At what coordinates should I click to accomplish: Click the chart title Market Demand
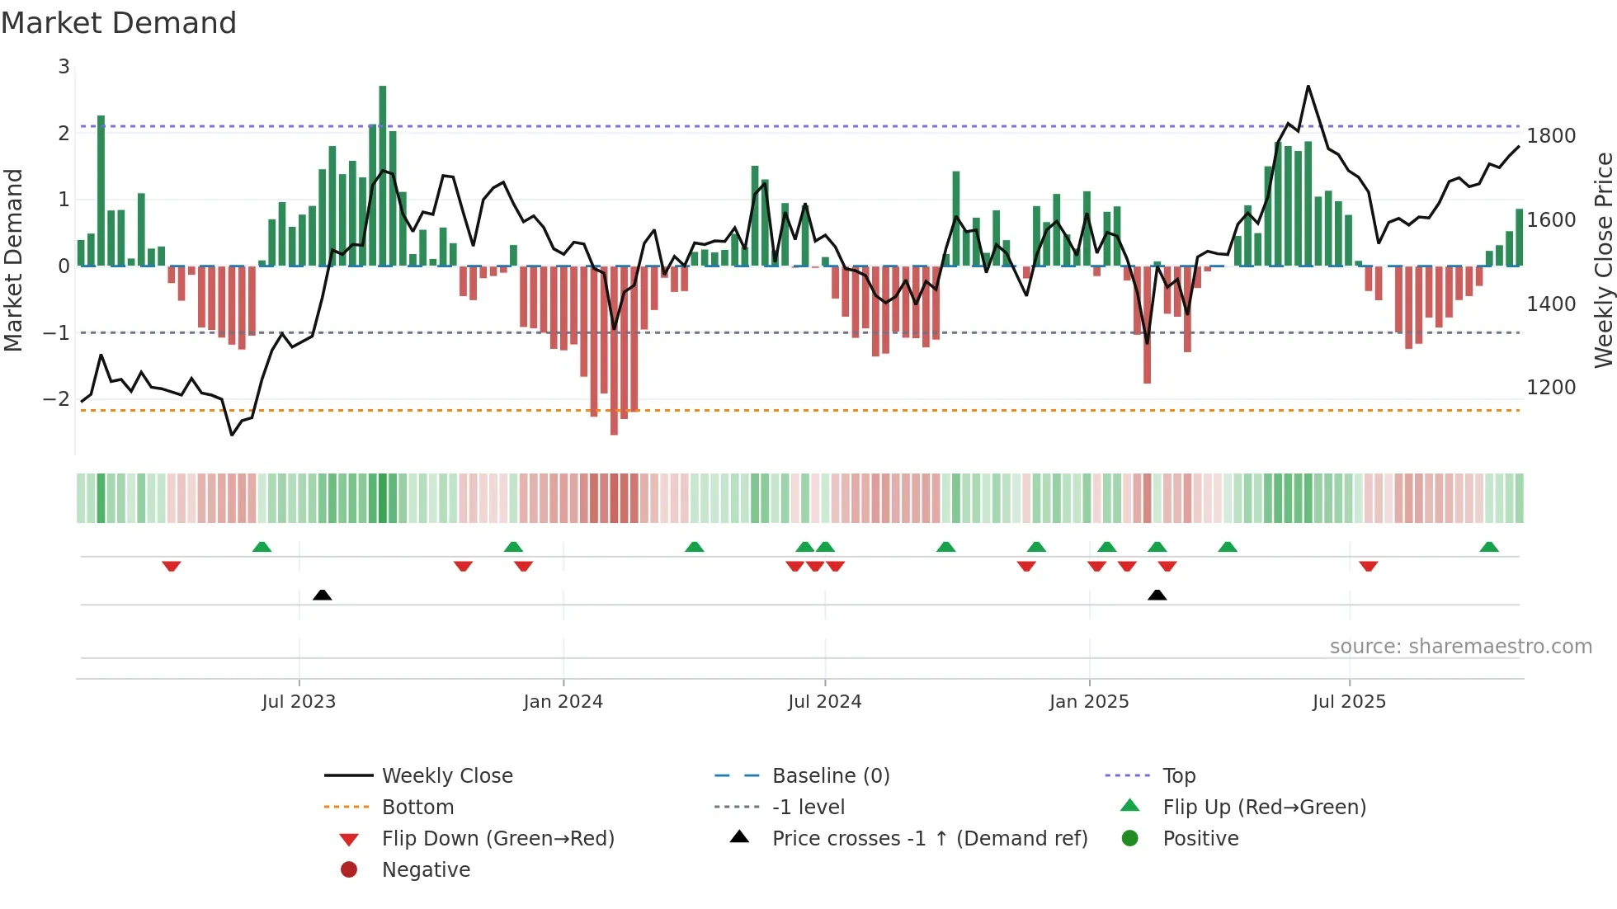tap(119, 23)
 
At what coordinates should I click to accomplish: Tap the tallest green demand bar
tap(383, 175)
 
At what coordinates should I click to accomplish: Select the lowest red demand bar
tap(614, 350)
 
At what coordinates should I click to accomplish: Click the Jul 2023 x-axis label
tap(299, 702)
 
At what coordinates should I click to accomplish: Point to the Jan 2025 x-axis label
tap(1089, 702)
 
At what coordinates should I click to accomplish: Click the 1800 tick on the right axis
tap(1551, 136)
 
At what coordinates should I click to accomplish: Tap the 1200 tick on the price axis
tap(1551, 388)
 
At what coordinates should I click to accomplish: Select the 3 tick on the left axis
tap(64, 67)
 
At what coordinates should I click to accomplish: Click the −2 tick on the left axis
tap(57, 399)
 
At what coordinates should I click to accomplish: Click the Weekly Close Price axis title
tap(1603, 260)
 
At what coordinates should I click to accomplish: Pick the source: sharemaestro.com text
tap(1460, 647)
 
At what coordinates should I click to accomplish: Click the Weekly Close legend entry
tap(446, 776)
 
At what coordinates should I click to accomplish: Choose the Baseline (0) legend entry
tap(830, 776)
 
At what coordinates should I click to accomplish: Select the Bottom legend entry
tap(417, 808)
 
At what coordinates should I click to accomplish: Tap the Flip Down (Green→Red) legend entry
tap(497, 839)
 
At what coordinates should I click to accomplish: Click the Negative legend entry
tap(426, 870)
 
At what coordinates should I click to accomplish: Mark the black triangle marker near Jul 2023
tap(323, 596)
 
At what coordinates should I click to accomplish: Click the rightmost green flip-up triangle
tap(1489, 547)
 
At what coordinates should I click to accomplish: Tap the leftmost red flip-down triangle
tap(172, 566)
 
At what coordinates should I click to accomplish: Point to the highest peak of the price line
tap(1308, 86)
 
